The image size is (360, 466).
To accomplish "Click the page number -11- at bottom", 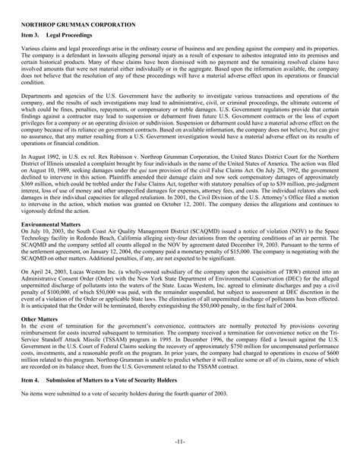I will coord(180,444).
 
